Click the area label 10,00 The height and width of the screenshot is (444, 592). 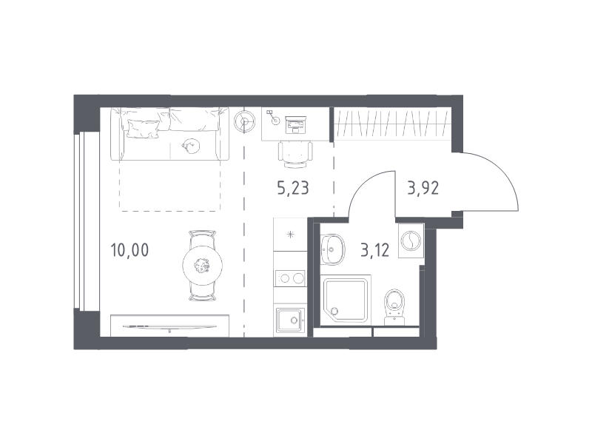point(129,250)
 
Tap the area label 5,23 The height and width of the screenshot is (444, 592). point(293,188)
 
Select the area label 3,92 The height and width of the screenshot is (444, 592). point(423,188)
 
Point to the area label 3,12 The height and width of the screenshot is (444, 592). point(375,250)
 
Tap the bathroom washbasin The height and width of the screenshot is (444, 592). point(332,249)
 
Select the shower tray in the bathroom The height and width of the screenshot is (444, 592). point(346,300)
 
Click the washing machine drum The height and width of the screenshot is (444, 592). point(411,241)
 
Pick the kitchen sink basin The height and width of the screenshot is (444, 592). point(290,321)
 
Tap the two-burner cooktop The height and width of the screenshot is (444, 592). point(290,279)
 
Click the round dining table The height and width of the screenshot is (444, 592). point(202,266)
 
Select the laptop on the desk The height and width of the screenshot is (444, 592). point(295,124)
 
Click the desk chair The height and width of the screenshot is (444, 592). point(295,155)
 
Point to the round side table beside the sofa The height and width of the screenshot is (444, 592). point(245,121)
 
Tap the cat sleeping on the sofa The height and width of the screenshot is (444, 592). point(191,146)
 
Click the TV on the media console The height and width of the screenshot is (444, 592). point(170,327)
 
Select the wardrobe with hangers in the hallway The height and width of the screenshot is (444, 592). point(393,124)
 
